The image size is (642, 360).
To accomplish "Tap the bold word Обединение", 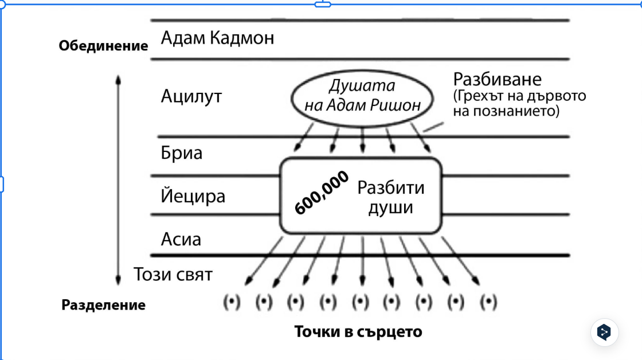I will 104,46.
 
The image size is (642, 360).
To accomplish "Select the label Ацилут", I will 191,96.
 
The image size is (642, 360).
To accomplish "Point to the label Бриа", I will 182,154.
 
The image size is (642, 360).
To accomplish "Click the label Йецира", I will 193,196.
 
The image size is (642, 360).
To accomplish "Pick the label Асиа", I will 181,238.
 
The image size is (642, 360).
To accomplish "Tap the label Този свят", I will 173,274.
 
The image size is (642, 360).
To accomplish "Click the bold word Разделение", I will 104,305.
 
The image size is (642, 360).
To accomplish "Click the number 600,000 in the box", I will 322,194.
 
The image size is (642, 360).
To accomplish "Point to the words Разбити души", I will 391,197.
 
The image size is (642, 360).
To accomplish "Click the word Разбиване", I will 497,79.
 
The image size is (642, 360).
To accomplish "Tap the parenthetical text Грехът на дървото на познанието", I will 519,103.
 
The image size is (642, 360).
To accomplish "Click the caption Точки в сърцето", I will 358,331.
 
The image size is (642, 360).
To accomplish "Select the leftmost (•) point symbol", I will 231,302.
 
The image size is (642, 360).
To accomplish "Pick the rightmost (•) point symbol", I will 489,302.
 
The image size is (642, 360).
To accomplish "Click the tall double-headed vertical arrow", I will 118,179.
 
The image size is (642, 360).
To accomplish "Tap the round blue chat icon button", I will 604,332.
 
